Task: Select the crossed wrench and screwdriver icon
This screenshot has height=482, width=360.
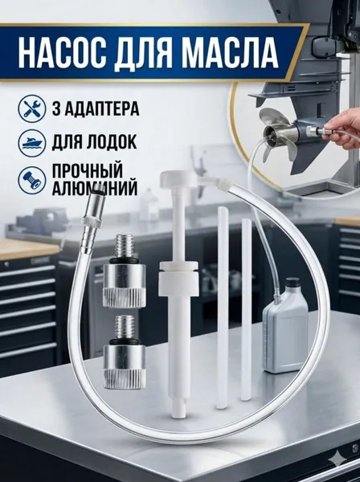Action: pos(31,108)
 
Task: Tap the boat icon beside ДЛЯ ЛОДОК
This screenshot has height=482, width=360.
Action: pos(31,142)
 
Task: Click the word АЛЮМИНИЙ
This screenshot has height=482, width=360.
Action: pos(95,189)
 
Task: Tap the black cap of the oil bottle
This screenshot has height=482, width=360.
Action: pos(292,282)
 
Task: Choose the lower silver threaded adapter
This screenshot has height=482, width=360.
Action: pos(122,351)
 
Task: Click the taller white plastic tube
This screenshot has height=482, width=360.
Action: pos(222,308)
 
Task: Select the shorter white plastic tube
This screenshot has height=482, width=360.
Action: pos(245,309)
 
